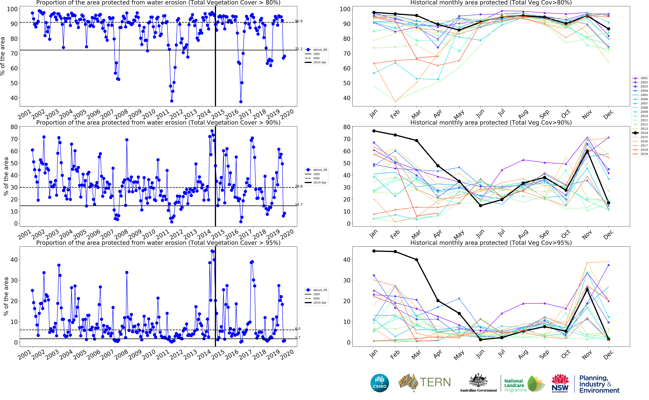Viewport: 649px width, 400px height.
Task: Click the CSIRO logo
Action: click(380, 383)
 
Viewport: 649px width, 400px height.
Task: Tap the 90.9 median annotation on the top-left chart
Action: click(299, 21)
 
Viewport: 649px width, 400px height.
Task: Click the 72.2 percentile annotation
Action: click(299, 49)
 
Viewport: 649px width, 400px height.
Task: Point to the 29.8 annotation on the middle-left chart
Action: click(299, 186)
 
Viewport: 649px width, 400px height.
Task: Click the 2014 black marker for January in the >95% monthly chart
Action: click(374, 251)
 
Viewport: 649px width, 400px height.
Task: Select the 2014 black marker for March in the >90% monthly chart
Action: click(417, 140)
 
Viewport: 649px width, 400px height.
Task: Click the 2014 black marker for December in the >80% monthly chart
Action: click(609, 29)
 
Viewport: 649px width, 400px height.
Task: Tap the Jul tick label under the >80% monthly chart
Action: click(502, 113)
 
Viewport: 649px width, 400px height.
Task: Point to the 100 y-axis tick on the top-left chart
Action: click(12, 9)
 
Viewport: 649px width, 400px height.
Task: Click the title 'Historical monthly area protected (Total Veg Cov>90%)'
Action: click(491, 122)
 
